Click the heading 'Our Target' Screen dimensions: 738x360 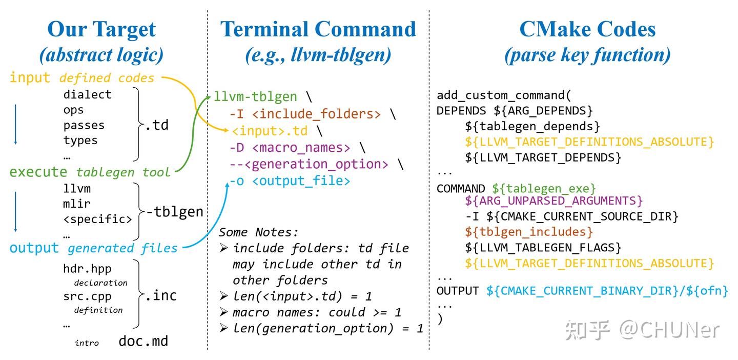pyautogui.click(x=101, y=30)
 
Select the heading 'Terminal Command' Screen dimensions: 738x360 pyautogui.click(x=318, y=29)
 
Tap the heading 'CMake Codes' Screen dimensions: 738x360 pyautogui.click(x=587, y=29)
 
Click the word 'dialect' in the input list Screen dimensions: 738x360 pyautogui.click(x=87, y=94)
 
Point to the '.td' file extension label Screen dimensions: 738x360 pyautogui.click(x=157, y=125)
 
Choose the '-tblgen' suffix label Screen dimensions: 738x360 pyautogui.click(x=175, y=212)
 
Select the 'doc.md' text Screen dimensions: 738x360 pyautogui.click(x=143, y=341)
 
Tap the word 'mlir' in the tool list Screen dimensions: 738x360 pyautogui.click(x=77, y=204)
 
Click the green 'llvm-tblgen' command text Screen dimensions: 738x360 pyautogui.click(x=255, y=96)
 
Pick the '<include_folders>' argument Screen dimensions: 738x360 pyautogui.click(x=316, y=114)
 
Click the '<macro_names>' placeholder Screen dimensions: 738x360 pyautogui.click(x=301, y=148)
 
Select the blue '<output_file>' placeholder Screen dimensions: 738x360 pyautogui.click(x=301, y=181)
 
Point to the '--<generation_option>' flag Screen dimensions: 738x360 pyautogui.click(x=309, y=164)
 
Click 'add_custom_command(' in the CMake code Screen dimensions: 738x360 pyautogui.click(x=503, y=95)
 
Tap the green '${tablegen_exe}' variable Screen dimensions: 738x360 pyautogui.click(x=544, y=189)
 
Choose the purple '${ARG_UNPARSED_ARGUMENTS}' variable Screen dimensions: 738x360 pyautogui.click(x=554, y=201)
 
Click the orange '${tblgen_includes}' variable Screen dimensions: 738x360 pyautogui.click(x=529, y=232)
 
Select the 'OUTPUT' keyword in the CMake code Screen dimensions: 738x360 pyautogui.click(x=458, y=291)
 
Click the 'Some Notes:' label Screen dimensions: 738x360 pyautogui.click(x=259, y=232)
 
